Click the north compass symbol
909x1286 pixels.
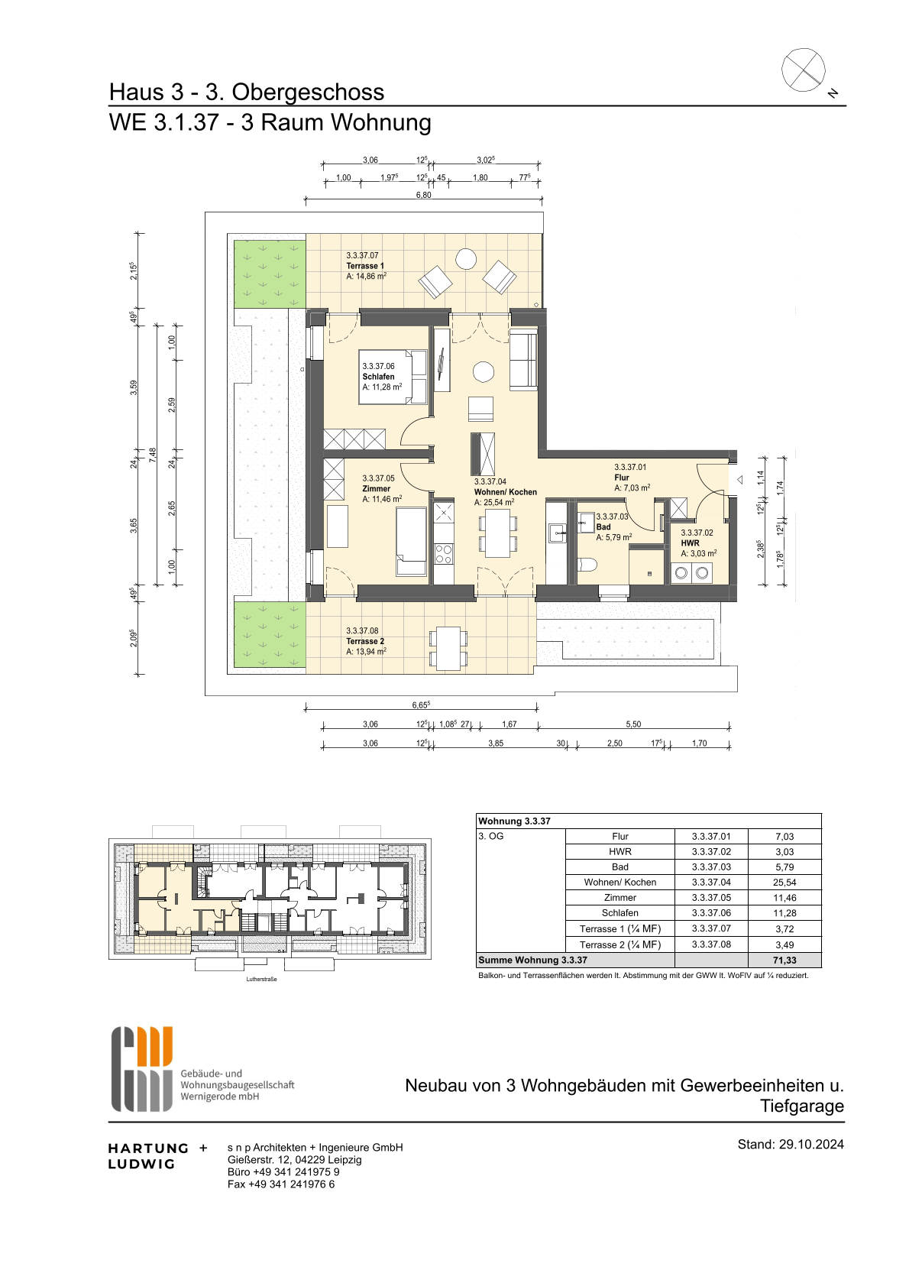point(804,70)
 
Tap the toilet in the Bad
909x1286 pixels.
point(588,565)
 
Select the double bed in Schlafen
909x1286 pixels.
point(393,377)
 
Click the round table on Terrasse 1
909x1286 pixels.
point(465,259)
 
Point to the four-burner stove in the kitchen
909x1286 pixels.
point(444,554)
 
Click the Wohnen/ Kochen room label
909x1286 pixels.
point(506,492)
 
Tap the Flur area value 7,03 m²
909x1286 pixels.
point(632,488)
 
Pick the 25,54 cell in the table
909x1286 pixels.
point(784,883)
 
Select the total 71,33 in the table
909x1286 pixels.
point(784,960)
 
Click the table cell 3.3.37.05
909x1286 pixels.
point(711,897)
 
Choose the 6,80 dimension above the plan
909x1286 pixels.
point(423,195)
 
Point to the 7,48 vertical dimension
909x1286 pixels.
point(152,455)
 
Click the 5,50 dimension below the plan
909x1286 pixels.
point(633,724)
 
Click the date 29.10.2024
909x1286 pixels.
point(811,1144)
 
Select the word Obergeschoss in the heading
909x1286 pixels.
point(308,92)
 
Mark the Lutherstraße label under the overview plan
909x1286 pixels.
point(262,979)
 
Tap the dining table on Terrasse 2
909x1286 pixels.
point(448,648)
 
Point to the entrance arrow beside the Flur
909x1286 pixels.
point(739,479)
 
